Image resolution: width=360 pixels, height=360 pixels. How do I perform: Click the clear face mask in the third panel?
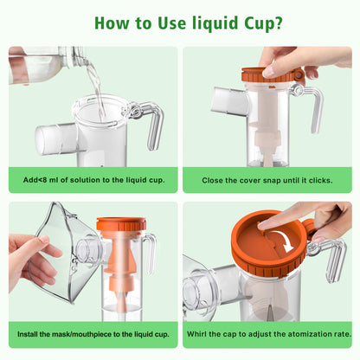coord(61,251)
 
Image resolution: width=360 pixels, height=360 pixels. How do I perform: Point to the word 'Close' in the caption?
coord(214,179)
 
